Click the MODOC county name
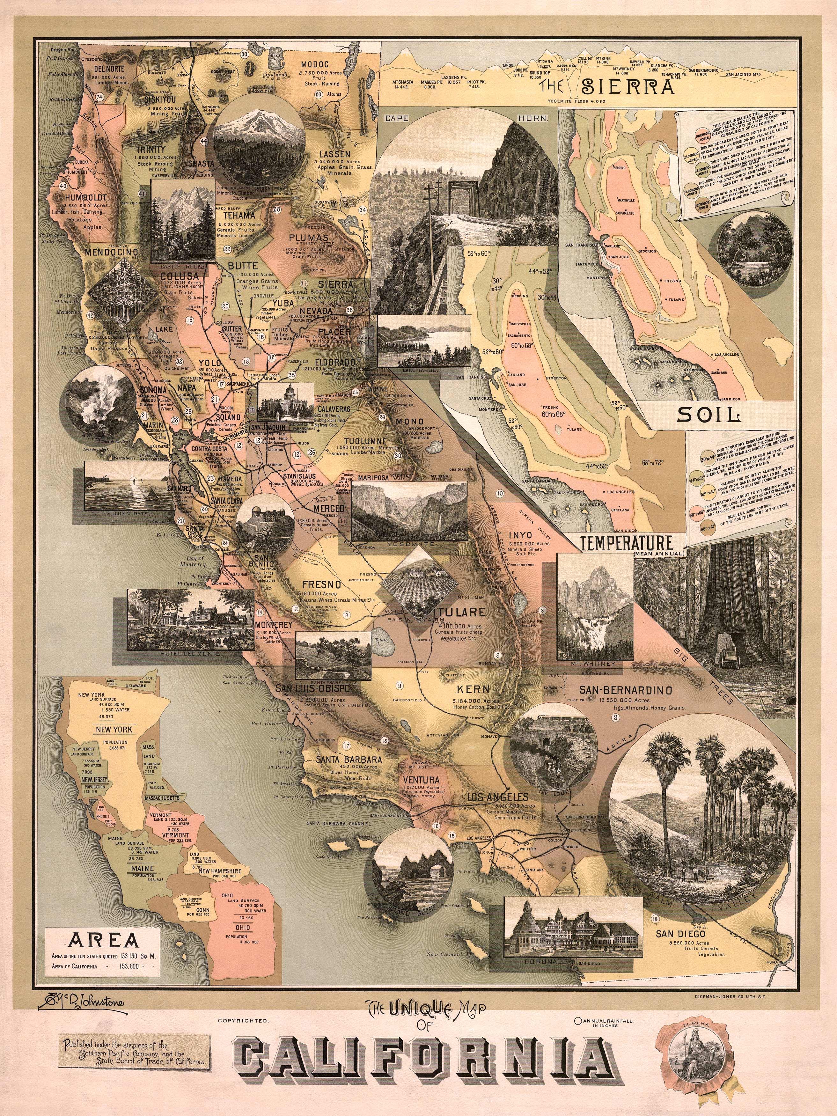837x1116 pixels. [x=315, y=65]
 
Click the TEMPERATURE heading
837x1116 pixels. [x=627, y=543]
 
